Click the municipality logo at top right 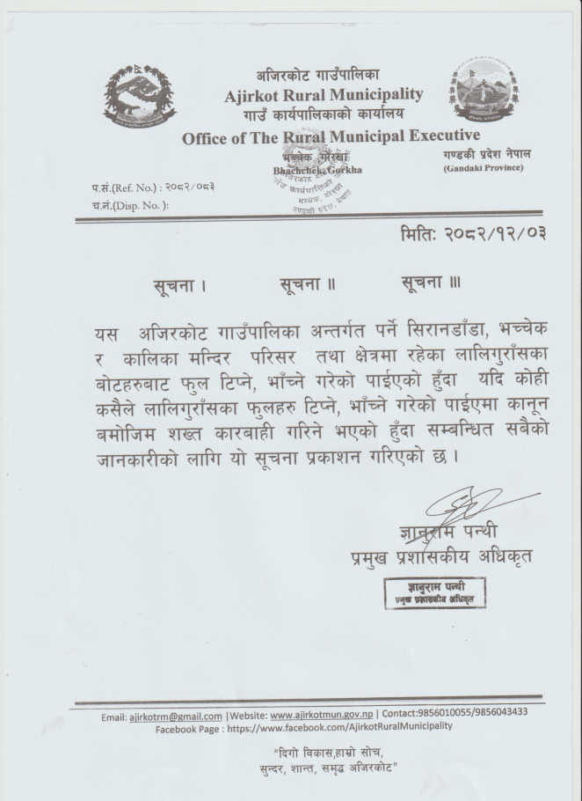coord(483,90)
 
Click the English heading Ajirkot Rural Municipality coord(324,95)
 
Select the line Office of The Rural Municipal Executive coord(331,136)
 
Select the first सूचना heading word coord(178,285)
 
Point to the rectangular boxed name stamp coord(435,592)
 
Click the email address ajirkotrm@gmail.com coord(176,716)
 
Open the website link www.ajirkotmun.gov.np coord(322,716)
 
